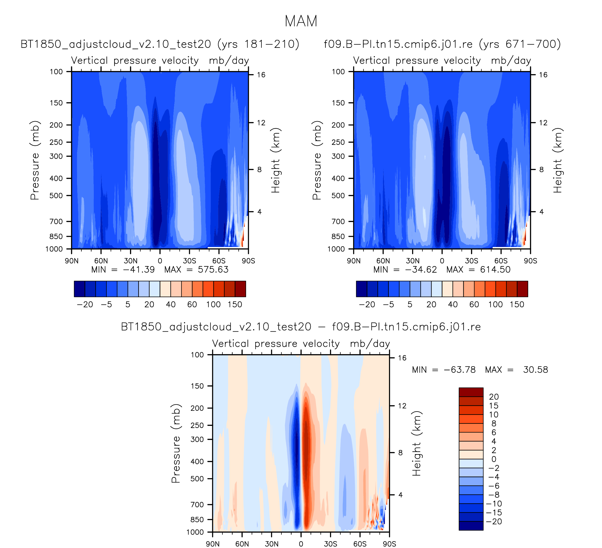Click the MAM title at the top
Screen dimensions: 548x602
pos(301,21)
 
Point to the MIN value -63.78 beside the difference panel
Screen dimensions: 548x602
pos(460,370)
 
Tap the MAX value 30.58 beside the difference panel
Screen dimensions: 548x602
pos(535,370)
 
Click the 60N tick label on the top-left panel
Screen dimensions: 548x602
pos(101,261)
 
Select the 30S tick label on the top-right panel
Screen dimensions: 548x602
pos(472,261)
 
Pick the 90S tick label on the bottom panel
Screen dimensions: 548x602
pos(389,544)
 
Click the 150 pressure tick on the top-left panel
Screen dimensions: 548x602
pos(56,103)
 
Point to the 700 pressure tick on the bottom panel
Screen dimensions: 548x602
pos(197,505)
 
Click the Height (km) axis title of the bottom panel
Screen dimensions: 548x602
pos(417,444)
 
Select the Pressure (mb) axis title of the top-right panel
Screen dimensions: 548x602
pos(317,160)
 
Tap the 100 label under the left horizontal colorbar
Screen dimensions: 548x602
pos(213,304)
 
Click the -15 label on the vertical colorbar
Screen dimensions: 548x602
pos(494,512)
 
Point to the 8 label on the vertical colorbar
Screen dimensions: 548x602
pos(494,423)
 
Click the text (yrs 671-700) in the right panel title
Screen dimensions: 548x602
pos(520,44)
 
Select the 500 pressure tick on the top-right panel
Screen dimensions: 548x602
pos(338,196)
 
